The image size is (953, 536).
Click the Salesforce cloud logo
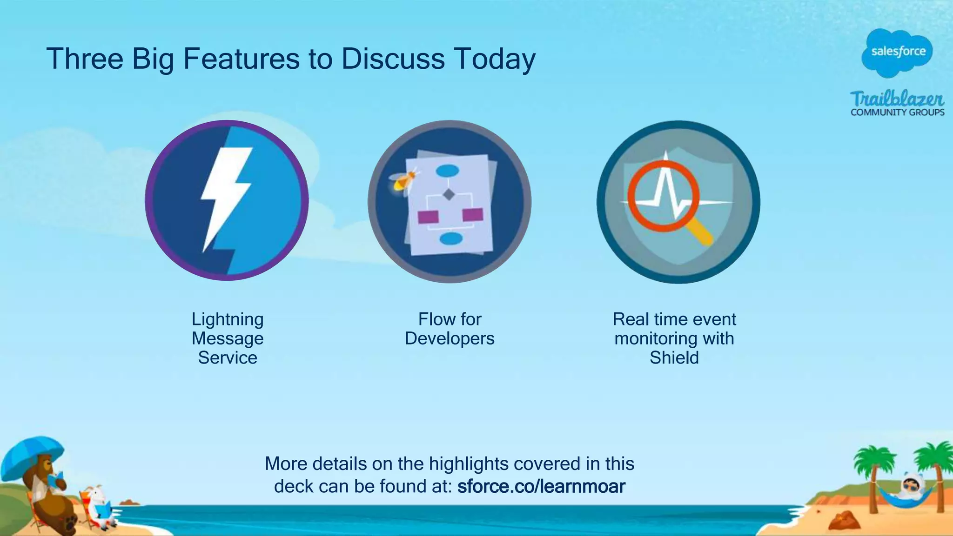tap(898, 52)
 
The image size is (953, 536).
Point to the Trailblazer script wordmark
tap(897, 99)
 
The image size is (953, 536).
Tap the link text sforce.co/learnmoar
tap(541, 486)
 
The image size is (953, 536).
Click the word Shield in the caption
tap(674, 358)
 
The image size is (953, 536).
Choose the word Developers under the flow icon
tap(450, 338)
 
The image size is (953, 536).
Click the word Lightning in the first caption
tap(228, 319)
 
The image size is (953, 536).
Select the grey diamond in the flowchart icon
tap(449, 194)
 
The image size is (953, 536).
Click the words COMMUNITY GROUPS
tap(897, 112)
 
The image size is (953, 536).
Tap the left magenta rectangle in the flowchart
tap(428, 217)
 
